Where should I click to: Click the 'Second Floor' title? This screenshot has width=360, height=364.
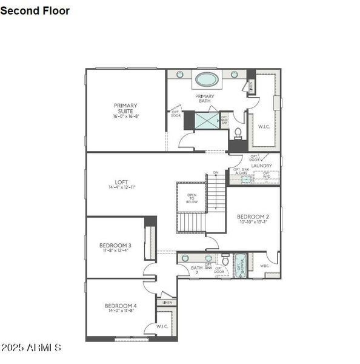35,11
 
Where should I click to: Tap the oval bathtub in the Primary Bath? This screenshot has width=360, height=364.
207,79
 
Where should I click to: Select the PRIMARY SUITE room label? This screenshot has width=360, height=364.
125,109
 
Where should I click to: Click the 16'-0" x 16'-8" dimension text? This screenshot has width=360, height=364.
125,116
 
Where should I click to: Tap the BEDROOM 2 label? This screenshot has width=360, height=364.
253,217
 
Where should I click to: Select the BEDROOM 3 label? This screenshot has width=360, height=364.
115,245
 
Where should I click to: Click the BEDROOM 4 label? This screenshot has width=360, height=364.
121,306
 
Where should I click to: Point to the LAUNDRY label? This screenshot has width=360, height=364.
261,165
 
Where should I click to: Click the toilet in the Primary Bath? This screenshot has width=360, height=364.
238,132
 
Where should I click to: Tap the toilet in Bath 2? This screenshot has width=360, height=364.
225,261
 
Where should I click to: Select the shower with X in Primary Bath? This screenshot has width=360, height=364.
207,120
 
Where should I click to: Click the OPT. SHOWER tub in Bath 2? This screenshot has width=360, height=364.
240,265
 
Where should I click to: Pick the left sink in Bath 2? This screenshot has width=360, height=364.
185,258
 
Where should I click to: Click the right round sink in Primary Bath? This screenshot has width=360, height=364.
234,74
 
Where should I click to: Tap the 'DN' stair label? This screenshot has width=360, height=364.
215,173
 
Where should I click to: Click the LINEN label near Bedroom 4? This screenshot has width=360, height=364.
167,302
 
